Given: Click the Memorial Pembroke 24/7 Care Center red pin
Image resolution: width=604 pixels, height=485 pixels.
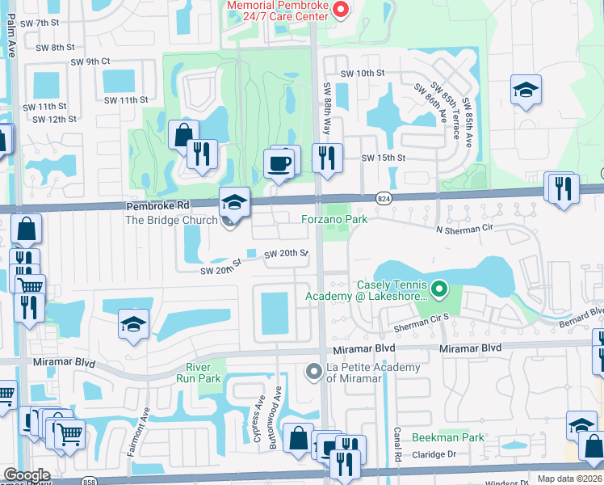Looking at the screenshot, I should pyautogui.click(x=341, y=10).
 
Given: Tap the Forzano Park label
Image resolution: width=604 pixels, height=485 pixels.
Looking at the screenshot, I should pyautogui.click(x=334, y=219).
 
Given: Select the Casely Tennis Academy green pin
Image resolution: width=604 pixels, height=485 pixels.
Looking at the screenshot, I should pyautogui.click(x=439, y=288).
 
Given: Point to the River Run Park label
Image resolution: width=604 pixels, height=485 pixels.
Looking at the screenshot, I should pyautogui.click(x=198, y=373).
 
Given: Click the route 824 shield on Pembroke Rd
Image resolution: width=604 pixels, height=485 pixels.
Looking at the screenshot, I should pyautogui.click(x=384, y=198).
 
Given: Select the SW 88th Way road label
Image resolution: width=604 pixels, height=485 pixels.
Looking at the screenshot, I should pyautogui.click(x=328, y=103).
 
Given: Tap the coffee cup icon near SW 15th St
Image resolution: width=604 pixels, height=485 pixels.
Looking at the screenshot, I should pyautogui.click(x=280, y=163).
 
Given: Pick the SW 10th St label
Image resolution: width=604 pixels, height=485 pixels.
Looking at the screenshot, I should pyautogui.click(x=362, y=74).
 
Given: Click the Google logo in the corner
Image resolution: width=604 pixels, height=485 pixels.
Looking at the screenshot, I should pyautogui.click(x=27, y=475).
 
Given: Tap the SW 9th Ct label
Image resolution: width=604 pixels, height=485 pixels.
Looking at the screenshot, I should pyautogui.click(x=90, y=61).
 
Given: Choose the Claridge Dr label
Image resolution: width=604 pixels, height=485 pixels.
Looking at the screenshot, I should pyautogui.click(x=434, y=454).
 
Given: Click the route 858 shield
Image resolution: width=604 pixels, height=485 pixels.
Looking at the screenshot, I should pyautogui.click(x=86, y=481).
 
